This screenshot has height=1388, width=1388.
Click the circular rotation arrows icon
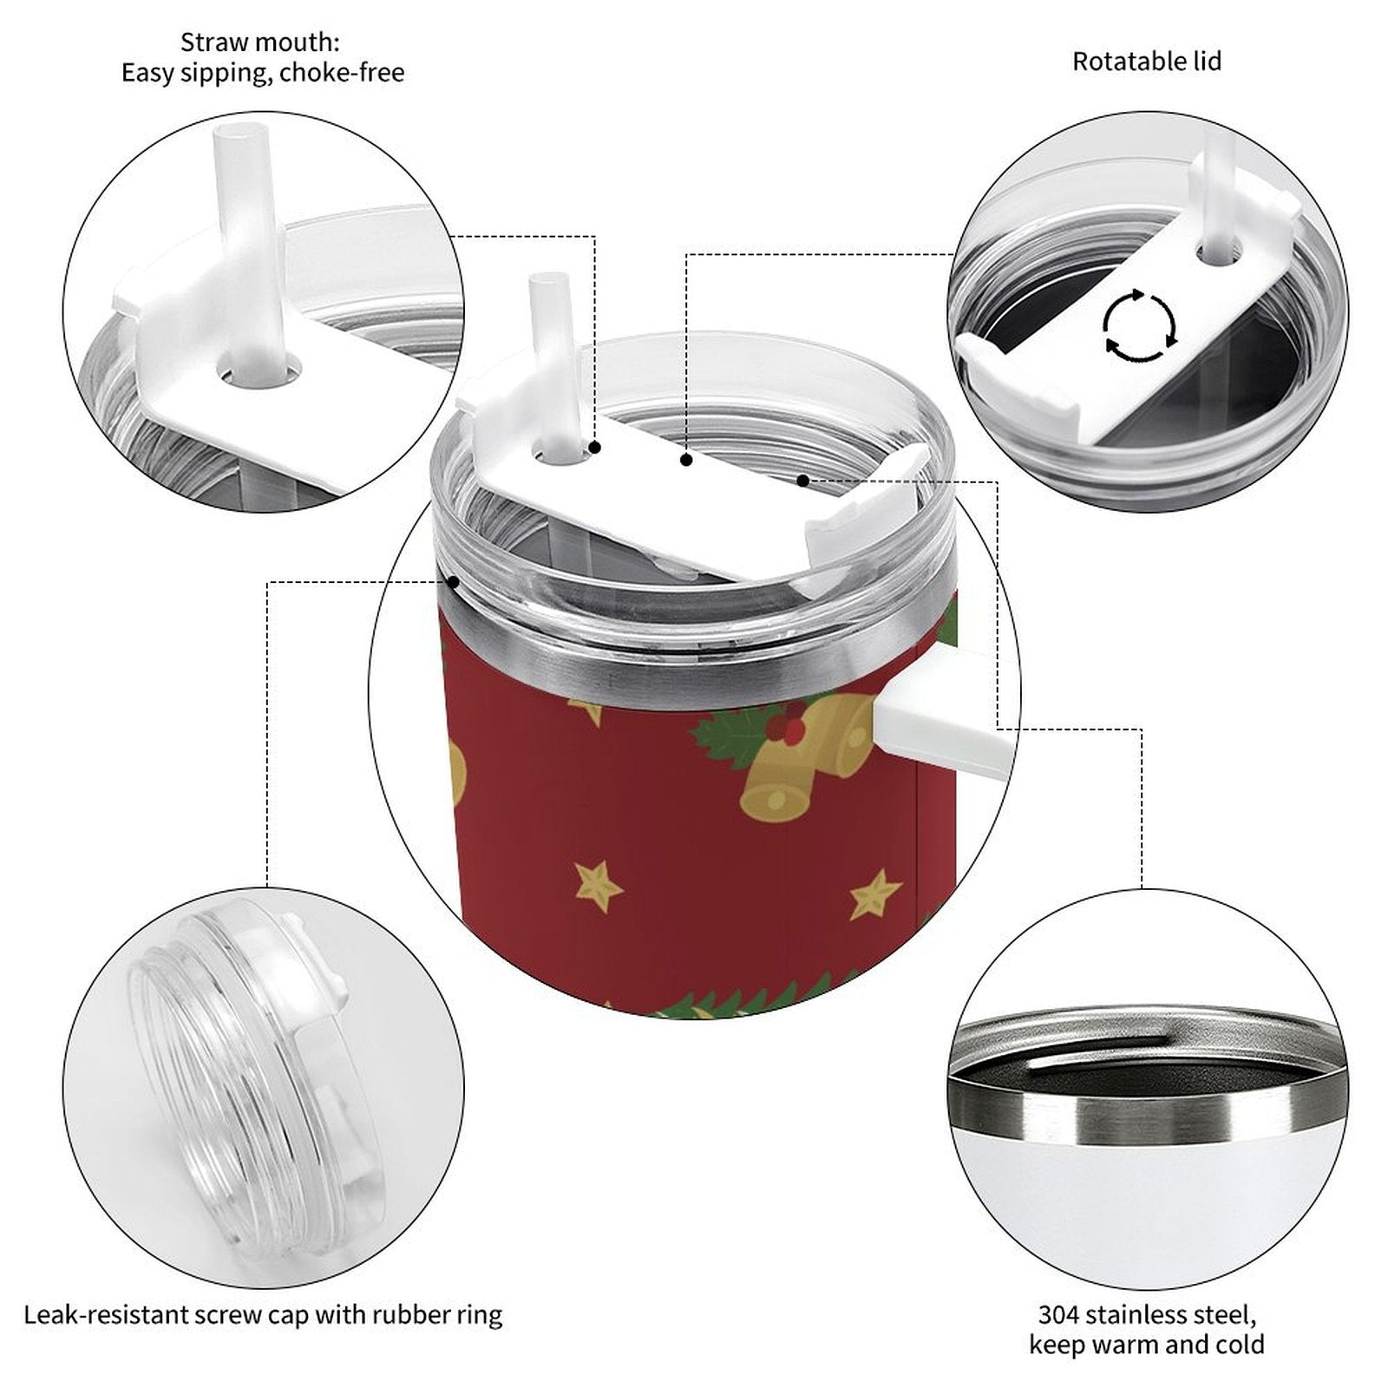(x=1140, y=326)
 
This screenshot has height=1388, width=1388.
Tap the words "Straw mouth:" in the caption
(x=260, y=43)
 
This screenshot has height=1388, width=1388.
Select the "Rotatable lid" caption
(x=1147, y=62)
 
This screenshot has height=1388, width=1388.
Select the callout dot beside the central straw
(x=595, y=448)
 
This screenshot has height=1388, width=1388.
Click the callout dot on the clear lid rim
(x=452, y=582)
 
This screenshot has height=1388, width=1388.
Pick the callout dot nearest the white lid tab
(x=803, y=481)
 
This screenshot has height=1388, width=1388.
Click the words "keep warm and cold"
(x=1147, y=1345)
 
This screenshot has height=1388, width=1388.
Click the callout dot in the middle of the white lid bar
(x=686, y=461)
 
